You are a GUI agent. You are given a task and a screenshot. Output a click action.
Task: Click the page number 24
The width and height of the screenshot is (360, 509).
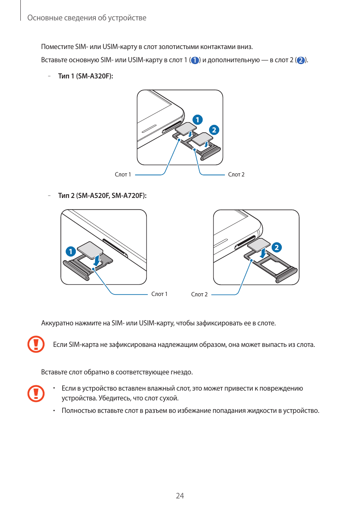point(180,496)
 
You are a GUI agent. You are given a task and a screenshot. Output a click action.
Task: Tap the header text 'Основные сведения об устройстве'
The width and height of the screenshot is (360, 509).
point(87,18)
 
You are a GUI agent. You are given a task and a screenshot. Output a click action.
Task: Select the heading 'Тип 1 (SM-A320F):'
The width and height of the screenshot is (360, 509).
point(85,76)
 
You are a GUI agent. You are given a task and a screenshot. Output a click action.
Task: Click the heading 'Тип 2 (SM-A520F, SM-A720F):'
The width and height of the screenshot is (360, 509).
point(102,196)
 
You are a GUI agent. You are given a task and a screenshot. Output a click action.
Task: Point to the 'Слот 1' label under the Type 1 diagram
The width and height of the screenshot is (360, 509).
point(123,175)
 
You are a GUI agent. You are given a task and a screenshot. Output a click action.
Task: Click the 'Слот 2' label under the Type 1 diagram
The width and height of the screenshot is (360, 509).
point(236,175)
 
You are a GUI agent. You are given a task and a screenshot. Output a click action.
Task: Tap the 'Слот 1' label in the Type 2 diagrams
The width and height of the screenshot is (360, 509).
point(159,294)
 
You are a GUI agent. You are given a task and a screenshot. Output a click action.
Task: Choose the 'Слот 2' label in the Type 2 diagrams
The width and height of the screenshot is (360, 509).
point(199,294)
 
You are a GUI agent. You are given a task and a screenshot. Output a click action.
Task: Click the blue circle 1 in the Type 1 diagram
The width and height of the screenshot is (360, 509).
point(197,120)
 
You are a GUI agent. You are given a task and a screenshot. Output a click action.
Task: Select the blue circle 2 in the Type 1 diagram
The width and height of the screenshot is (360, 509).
point(214,130)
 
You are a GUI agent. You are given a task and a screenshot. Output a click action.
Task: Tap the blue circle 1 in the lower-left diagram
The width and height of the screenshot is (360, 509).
point(71,251)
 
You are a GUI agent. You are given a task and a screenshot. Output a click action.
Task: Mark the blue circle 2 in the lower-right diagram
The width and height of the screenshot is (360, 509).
point(277,247)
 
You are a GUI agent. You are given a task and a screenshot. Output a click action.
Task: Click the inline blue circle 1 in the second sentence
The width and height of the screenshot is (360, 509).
point(195,60)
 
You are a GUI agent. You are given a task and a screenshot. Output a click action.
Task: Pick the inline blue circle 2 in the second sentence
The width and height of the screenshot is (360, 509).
point(300,60)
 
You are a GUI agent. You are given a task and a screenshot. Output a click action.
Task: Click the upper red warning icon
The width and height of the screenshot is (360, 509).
point(36,344)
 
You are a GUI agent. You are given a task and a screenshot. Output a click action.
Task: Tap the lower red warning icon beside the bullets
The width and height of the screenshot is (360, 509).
point(36,394)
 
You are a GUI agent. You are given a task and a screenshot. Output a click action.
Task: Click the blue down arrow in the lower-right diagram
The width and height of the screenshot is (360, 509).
point(263,253)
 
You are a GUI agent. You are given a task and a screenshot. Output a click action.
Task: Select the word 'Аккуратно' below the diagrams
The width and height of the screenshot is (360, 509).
point(57,323)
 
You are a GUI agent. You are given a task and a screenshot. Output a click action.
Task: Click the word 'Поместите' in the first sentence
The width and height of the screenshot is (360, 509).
point(57,47)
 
